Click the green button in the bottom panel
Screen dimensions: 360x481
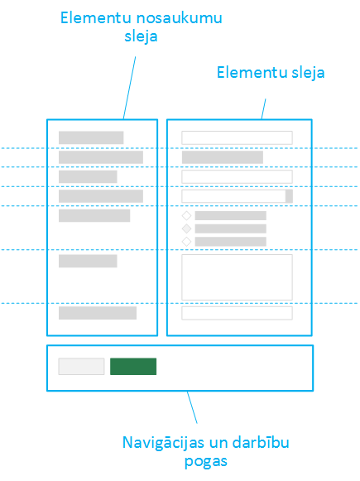[x=133, y=366]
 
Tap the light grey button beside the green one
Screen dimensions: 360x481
[x=81, y=366]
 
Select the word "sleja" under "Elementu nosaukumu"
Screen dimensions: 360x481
[x=141, y=36]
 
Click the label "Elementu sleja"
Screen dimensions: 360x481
[x=271, y=73]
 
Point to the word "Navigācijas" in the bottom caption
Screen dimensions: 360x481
[x=163, y=443]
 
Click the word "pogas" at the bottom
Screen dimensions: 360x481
[x=206, y=462]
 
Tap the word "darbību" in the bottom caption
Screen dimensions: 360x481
[x=261, y=442]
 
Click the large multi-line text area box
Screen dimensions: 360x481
[x=237, y=277]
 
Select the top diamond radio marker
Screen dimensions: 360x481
[x=186, y=215]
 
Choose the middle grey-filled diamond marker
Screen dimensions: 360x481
[x=186, y=228]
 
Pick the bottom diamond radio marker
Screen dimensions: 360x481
[x=186, y=242]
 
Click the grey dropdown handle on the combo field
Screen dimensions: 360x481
[x=289, y=196]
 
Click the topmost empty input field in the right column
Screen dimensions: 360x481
[x=237, y=137]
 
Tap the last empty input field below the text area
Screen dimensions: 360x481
[x=237, y=313]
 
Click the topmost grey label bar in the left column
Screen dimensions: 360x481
[x=91, y=137]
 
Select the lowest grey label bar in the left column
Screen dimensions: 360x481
[x=98, y=313]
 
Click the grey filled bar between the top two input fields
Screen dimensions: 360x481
[x=223, y=157]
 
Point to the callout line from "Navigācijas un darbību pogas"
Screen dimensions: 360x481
[x=192, y=407]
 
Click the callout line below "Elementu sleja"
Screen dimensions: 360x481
[x=264, y=109]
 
